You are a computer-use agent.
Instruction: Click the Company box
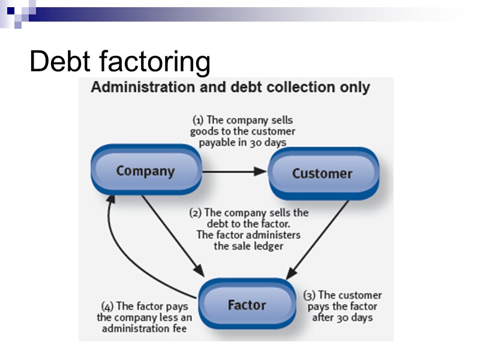[x=145, y=171]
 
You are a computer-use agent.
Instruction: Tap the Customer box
[x=322, y=173]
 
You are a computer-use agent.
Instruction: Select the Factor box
[x=247, y=305]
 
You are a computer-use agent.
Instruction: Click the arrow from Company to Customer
[x=234, y=172]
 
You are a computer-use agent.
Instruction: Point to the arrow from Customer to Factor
[x=318, y=240]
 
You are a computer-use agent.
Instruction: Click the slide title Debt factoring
[x=120, y=61]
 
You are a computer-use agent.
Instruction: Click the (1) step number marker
[x=198, y=120]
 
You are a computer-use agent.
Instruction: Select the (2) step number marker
[x=195, y=212]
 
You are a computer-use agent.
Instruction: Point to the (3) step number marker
[x=309, y=295]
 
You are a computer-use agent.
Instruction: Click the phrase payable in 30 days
[x=242, y=143]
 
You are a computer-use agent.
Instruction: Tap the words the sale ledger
[x=248, y=246]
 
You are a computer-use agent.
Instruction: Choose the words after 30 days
[x=343, y=317]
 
